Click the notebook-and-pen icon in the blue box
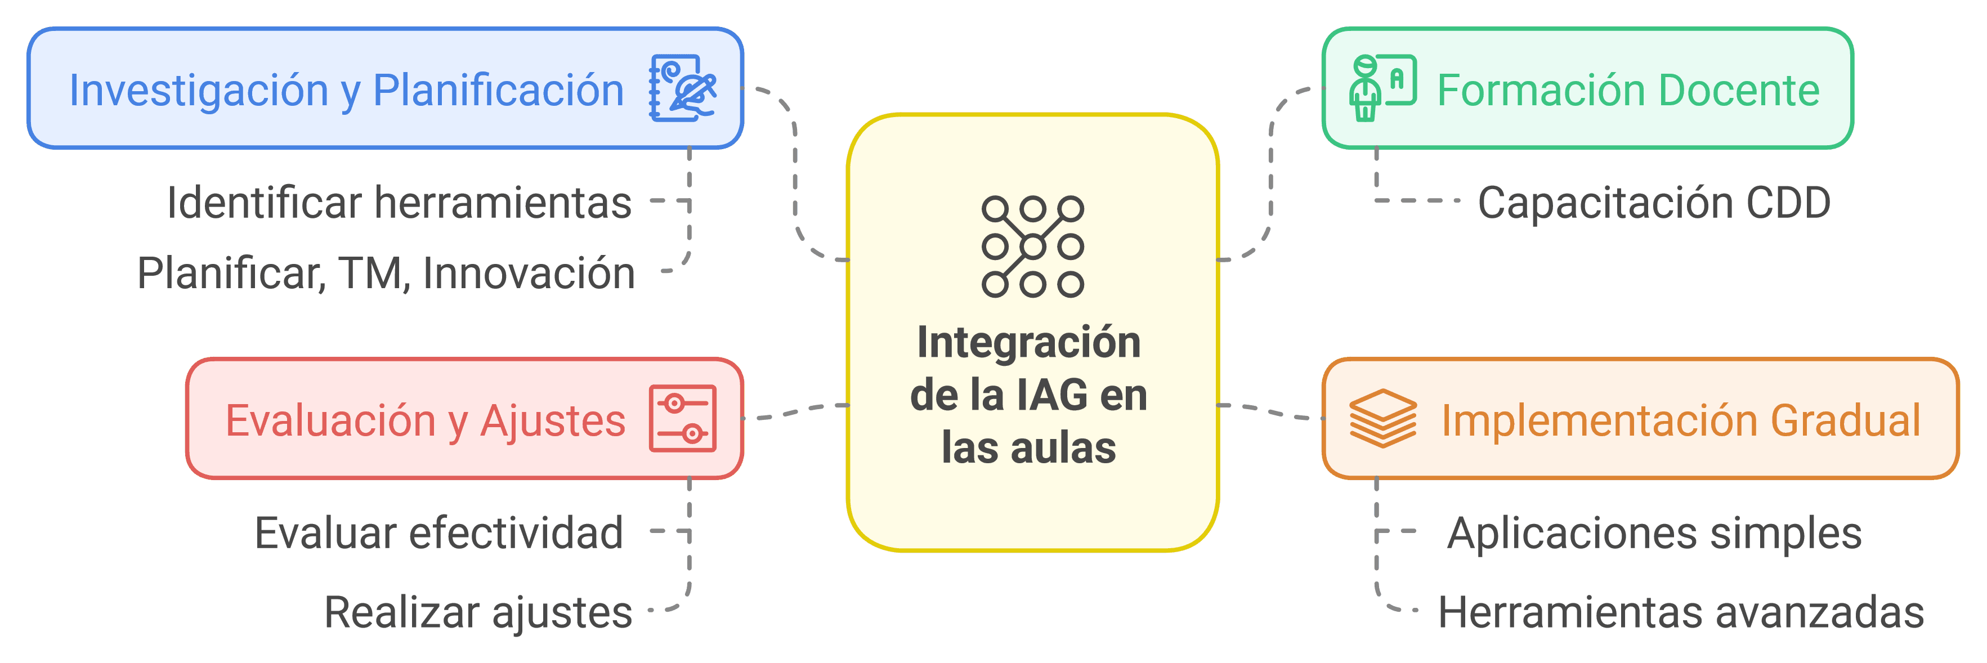pos(683,88)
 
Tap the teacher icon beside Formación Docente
pos(1383,87)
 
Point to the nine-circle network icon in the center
pos(1033,247)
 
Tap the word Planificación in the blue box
pos(498,89)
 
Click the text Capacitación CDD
pos(1654,203)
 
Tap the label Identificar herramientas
pos(400,203)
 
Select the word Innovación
pos(529,273)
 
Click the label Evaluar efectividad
pos(439,533)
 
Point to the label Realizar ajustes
pos(478,613)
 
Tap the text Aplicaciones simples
pos(1654,534)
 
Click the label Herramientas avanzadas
pos(1681,613)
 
